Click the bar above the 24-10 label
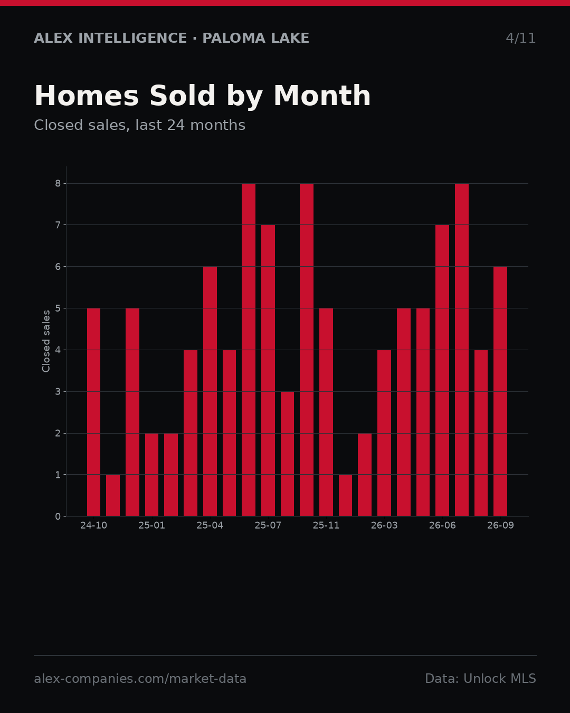(x=94, y=412)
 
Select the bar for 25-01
(x=151, y=474)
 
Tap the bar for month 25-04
(x=210, y=391)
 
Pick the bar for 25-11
(x=326, y=412)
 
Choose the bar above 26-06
(x=442, y=370)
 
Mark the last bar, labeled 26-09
(x=500, y=391)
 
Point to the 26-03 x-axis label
(x=384, y=526)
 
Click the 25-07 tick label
(x=268, y=526)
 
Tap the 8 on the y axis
(x=58, y=184)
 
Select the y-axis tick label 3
(x=58, y=391)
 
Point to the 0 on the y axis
(x=58, y=517)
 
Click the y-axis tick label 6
(x=58, y=267)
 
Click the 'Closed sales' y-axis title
(x=46, y=341)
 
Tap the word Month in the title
(x=322, y=96)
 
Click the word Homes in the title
(x=87, y=96)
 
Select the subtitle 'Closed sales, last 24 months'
(x=140, y=125)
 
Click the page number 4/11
(x=520, y=38)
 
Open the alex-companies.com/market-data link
(x=140, y=679)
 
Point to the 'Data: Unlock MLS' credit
(x=481, y=679)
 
